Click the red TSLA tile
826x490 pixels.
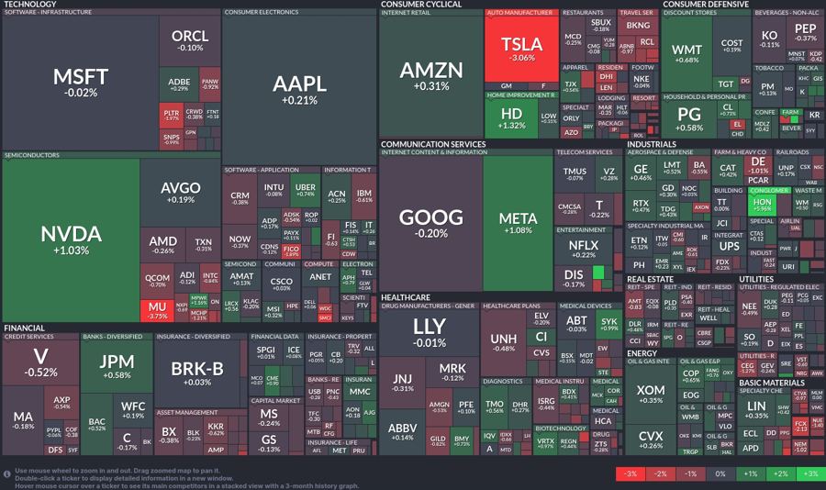[520, 48]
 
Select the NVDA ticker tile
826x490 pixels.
[71, 240]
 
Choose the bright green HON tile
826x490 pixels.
[761, 205]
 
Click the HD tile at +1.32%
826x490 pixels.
[510, 118]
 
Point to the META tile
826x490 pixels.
[518, 223]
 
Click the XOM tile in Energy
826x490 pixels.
[650, 395]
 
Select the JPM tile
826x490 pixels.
[117, 364]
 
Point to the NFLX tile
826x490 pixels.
[583, 249]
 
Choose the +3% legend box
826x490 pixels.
[809, 473]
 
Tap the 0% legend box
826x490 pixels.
[719, 473]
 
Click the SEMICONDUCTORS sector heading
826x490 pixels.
[32, 155]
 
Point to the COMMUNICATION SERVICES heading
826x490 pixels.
[433, 144]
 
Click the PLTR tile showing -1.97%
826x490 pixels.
[171, 115]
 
